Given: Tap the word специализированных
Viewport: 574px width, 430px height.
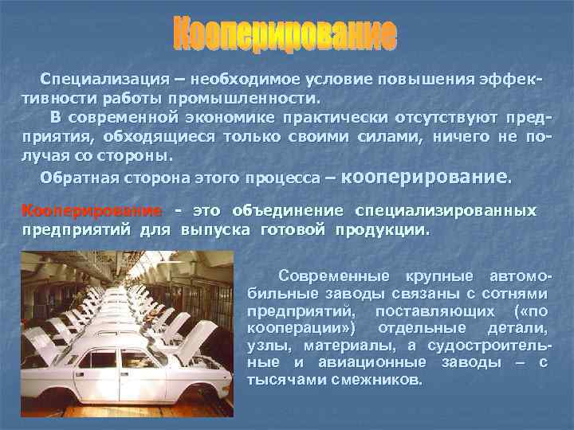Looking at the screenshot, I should [445, 211].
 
